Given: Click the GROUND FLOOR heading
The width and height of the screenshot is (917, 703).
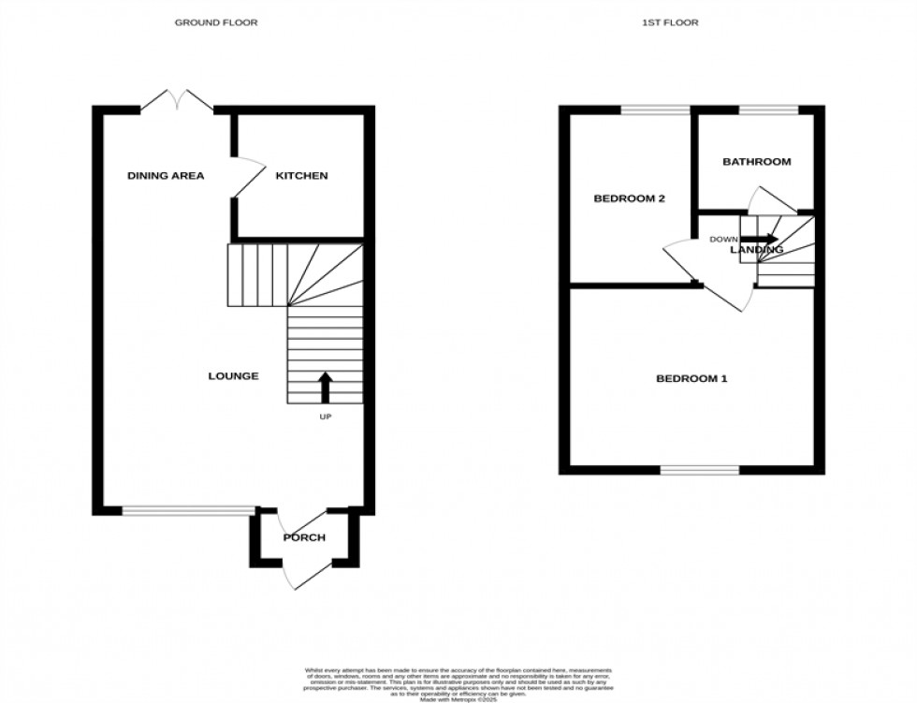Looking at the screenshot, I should (x=216, y=22).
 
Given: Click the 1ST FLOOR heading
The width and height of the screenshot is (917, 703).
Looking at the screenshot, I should (x=671, y=22).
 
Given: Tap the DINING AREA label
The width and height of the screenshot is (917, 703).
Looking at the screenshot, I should (x=166, y=176).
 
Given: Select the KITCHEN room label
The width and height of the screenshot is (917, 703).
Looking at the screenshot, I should (x=301, y=176).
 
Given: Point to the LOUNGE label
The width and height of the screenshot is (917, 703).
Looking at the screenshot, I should (x=233, y=376).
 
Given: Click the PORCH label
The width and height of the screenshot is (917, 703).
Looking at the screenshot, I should (x=304, y=537).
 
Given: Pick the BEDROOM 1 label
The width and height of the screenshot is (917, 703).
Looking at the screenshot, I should (x=691, y=379).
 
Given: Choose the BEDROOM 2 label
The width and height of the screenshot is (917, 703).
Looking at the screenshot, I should (x=630, y=198).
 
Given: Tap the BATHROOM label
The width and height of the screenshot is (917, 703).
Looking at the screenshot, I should (x=756, y=162).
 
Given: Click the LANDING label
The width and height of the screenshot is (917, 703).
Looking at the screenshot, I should (x=757, y=250).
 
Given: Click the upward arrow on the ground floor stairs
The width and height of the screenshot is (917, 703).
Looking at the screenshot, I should (x=326, y=386).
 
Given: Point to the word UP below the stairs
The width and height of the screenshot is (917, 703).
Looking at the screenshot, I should (x=326, y=416).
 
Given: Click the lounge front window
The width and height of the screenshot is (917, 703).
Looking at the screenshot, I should (x=188, y=510).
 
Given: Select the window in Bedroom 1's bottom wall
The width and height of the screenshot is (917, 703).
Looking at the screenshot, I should (x=699, y=470).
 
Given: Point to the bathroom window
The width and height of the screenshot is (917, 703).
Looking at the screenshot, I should (x=768, y=110).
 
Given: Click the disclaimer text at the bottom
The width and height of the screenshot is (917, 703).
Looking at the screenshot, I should (x=458, y=683).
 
